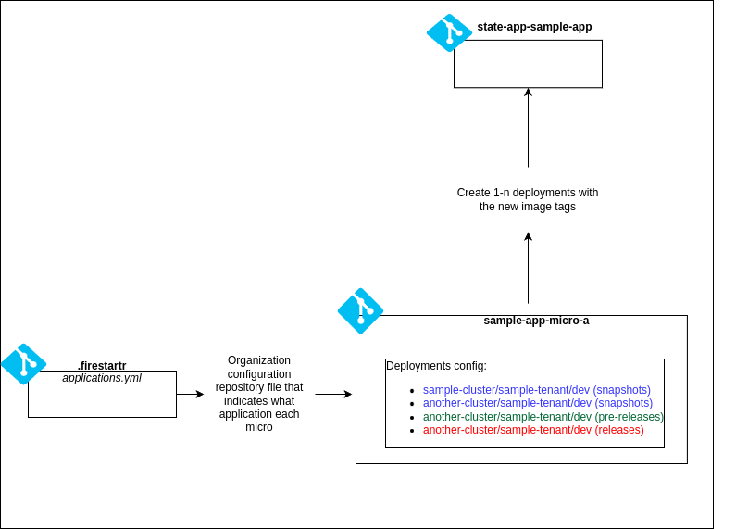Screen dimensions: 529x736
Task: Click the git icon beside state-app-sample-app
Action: click(449, 32)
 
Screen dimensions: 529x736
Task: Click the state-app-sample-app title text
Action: click(534, 27)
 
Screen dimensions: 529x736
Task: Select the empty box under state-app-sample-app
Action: click(528, 64)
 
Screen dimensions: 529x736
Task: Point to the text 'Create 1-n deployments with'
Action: click(527, 193)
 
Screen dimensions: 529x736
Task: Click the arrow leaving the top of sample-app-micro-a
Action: click(528, 268)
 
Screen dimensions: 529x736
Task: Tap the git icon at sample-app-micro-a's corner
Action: click(360, 310)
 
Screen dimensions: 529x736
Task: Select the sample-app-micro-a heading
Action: click(536, 321)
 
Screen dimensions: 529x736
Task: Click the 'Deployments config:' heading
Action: click(436, 366)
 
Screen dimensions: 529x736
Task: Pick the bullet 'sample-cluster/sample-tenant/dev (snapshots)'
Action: click(536, 390)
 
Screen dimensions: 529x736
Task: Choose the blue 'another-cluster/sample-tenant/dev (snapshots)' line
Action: click(537, 403)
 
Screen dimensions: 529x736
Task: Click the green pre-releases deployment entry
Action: click(543, 417)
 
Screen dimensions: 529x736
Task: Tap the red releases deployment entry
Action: click(533, 430)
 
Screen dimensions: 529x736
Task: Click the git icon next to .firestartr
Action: click(23, 364)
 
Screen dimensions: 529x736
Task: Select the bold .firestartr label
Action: click(102, 366)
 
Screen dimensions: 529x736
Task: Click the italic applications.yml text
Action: click(102, 378)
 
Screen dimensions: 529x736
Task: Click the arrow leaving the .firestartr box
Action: click(190, 394)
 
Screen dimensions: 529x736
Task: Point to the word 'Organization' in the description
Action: click(259, 360)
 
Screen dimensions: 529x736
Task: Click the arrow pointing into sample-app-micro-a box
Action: click(333, 394)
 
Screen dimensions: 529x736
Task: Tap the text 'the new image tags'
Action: click(527, 207)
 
